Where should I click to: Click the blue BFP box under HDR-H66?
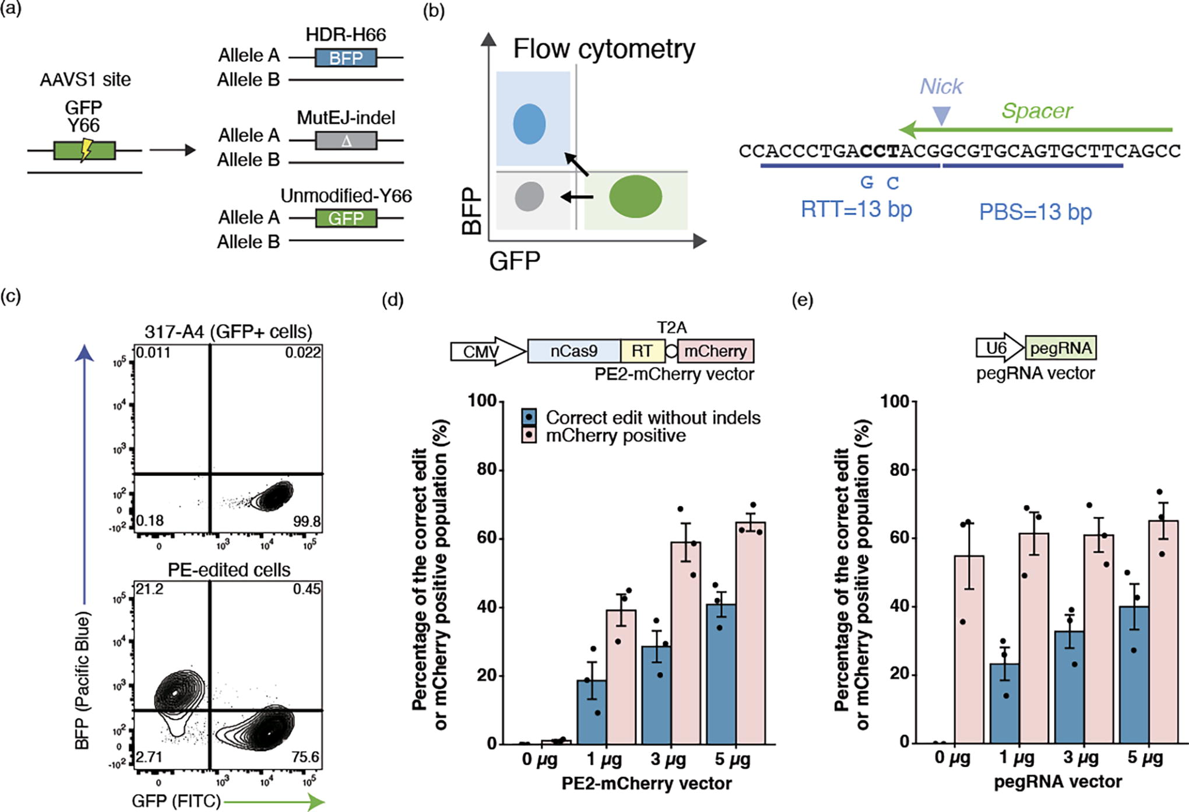pos(346,58)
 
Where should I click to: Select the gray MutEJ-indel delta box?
pos(346,141)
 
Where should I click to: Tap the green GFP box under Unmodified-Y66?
pos(346,218)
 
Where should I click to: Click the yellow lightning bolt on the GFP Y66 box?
pos(86,150)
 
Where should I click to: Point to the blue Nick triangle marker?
pos(941,116)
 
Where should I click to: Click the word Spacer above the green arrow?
pos(1037,111)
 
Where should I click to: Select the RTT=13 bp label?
pos(856,209)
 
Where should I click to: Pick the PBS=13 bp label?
pos(1035,212)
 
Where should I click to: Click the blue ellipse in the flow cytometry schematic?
pos(529,124)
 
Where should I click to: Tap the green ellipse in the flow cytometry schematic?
pos(635,197)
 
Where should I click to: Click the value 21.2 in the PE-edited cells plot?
pos(149,589)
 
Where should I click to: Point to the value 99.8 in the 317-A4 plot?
pos(307,521)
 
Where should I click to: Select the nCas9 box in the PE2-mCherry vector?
pos(574,351)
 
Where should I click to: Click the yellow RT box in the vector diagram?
pos(642,351)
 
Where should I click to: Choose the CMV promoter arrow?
pos(488,351)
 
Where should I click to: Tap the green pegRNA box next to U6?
pos(1061,348)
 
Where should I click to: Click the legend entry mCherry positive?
pos(615,435)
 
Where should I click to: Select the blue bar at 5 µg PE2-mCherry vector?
pos(721,674)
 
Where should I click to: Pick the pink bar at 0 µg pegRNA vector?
pos(969,649)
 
